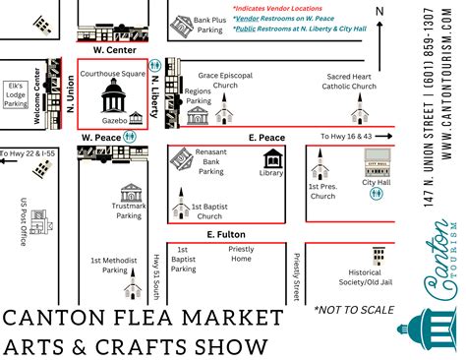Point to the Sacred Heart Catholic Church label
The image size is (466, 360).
[x=349, y=81]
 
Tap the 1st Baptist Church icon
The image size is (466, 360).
[x=180, y=208]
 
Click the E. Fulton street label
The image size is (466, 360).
[x=224, y=235]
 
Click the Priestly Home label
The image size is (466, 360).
[x=241, y=254]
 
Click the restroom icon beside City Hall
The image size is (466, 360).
[x=377, y=195]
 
